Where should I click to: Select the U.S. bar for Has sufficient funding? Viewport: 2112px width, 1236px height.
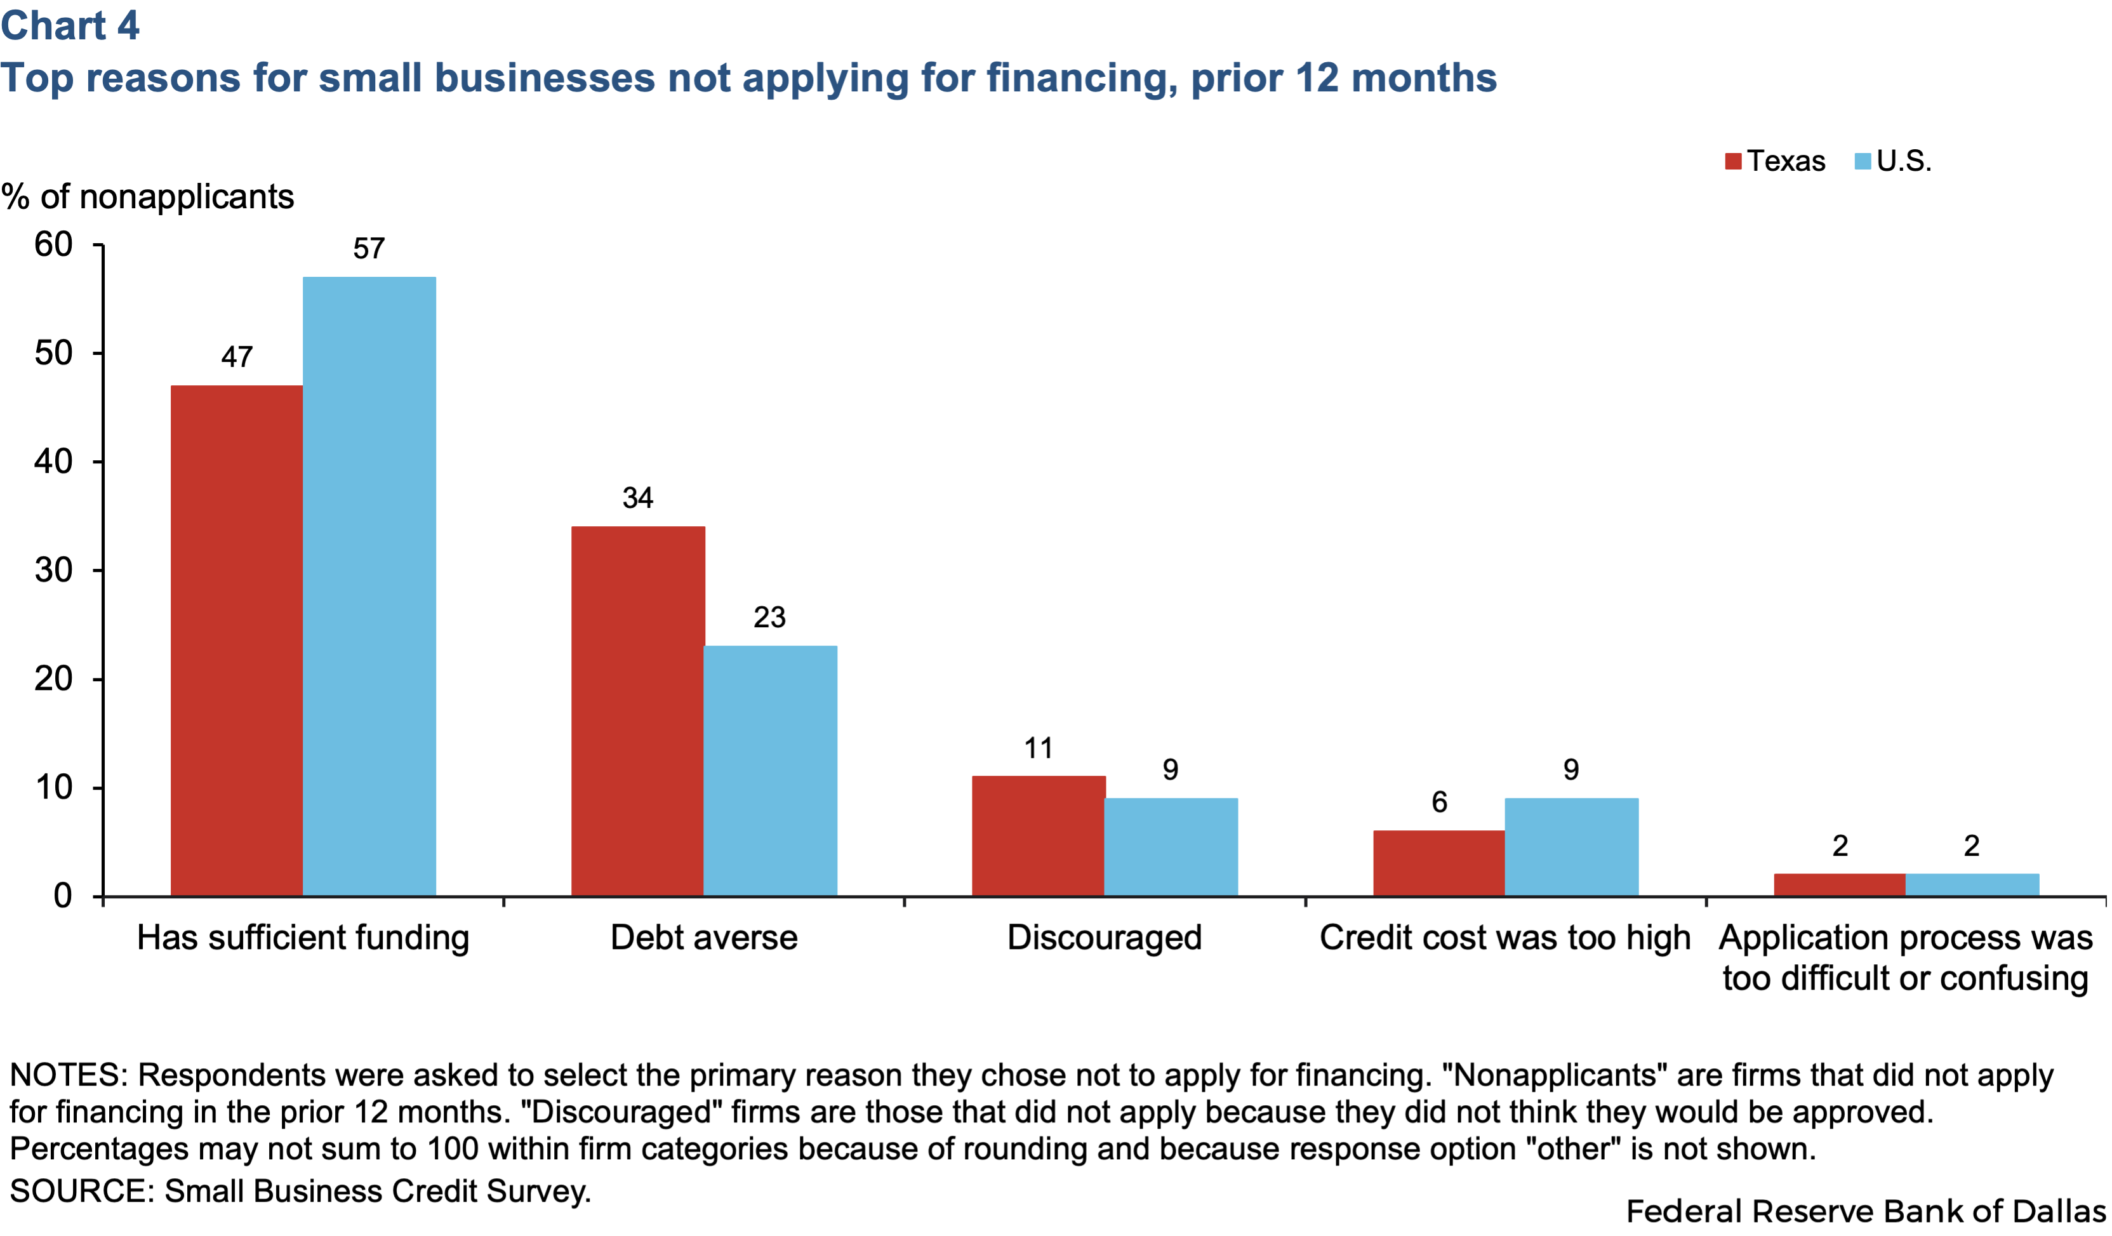(x=369, y=587)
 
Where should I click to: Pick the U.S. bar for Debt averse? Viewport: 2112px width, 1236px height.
(x=769, y=770)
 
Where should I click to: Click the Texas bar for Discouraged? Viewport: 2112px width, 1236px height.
(x=1039, y=835)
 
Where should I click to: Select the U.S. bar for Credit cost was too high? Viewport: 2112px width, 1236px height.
(x=1571, y=846)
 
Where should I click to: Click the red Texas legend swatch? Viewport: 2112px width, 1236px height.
(x=1733, y=161)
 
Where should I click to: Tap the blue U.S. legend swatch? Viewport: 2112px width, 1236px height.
(x=1863, y=161)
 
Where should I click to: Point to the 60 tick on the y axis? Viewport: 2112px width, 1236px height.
(x=53, y=244)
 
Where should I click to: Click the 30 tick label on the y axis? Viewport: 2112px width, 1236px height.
(x=53, y=571)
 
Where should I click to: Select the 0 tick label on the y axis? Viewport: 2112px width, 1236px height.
(x=63, y=896)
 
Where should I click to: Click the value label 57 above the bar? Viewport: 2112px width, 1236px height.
(x=369, y=249)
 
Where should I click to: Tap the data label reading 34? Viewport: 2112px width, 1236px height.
(x=638, y=498)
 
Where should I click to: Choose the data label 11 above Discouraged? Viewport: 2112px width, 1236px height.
(x=1039, y=748)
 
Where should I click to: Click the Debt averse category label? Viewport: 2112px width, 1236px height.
(x=704, y=938)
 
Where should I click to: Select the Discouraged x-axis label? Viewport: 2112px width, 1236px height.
(x=1105, y=938)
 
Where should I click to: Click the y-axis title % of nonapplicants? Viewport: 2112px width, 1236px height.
(x=147, y=197)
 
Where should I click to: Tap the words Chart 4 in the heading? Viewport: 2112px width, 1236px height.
(x=70, y=25)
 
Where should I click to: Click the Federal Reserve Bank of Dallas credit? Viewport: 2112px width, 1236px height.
(x=1866, y=1211)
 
